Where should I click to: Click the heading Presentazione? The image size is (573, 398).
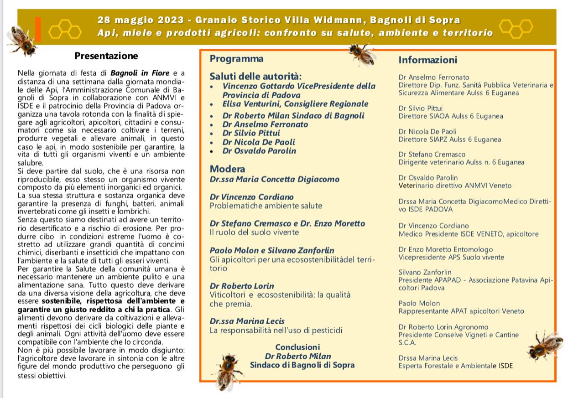[106, 56]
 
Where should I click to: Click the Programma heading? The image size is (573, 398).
[236, 58]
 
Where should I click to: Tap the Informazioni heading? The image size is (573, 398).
[427, 60]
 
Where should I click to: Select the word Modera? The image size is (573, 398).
[227, 169]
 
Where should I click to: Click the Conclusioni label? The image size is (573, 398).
[297, 347]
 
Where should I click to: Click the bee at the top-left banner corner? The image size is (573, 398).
[21, 40]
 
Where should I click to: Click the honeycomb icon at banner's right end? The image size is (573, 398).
[516, 28]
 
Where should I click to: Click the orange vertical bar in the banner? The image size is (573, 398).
[38, 28]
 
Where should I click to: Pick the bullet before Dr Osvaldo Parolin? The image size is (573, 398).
[212, 151]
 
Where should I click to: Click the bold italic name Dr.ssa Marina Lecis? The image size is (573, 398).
[247, 321]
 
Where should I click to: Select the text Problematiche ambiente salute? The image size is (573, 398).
[266, 206]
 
